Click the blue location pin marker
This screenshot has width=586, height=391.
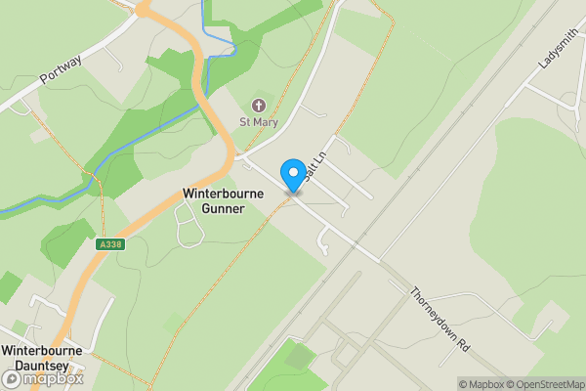[x=292, y=176]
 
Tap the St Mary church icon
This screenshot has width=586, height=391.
[x=259, y=105]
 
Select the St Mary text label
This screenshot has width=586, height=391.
[x=259, y=122]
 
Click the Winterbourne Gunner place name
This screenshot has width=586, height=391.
[x=224, y=201]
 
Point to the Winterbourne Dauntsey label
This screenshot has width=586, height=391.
[x=41, y=358]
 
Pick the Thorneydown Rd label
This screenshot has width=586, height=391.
[x=440, y=320]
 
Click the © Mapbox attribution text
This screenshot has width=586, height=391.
[x=481, y=384]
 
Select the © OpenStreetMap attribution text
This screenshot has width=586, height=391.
[x=546, y=384]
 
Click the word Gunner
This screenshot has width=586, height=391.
[x=224, y=209]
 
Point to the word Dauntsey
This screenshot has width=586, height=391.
[x=41, y=366]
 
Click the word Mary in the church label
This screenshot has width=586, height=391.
[x=266, y=122]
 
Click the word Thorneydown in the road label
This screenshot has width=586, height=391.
[x=436, y=314]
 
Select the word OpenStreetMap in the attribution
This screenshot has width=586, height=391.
[x=550, y=384]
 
